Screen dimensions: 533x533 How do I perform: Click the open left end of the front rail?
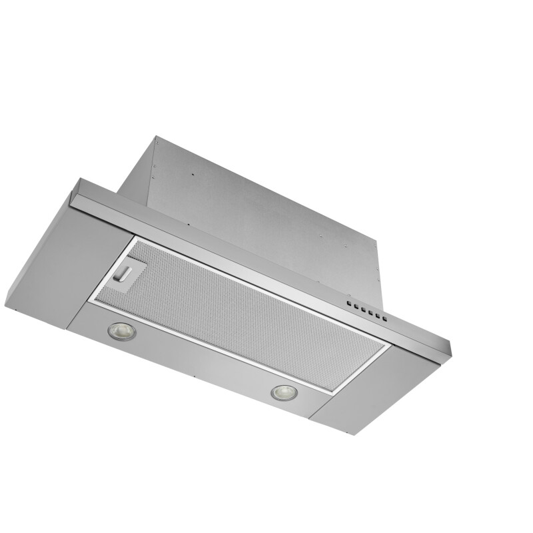coord(75,195)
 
